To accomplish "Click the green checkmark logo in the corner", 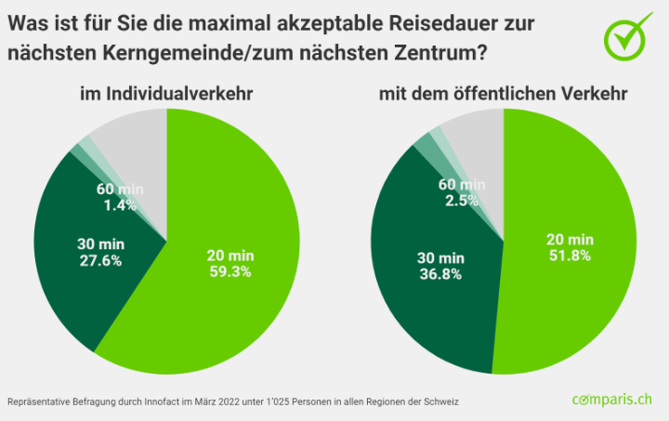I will [x=628, y=36].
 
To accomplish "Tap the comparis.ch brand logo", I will [x=613, y=400].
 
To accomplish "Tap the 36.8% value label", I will [x=440, y=273].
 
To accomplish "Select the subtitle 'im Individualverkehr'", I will [x=166, y=93].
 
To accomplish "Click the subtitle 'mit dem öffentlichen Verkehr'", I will [x=503, y=93].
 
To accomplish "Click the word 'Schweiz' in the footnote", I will [x=441, y=401].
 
